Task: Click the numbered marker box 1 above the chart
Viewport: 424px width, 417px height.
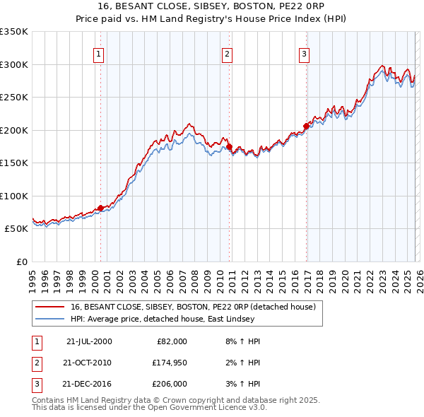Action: coord(98,54)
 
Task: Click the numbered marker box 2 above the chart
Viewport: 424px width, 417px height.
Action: coord(227,54)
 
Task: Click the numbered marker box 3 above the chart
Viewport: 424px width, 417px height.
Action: coord(304,54)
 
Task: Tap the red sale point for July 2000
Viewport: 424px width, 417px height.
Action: coord(100,208)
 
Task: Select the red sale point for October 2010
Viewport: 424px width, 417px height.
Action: coord(230,147)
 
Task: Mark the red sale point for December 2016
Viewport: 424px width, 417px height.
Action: coord(306,126)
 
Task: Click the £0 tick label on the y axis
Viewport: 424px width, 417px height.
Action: coord(20,262)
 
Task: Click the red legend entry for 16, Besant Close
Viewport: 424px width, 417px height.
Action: coord(196,307)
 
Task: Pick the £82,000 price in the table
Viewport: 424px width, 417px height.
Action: coord(170,341)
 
